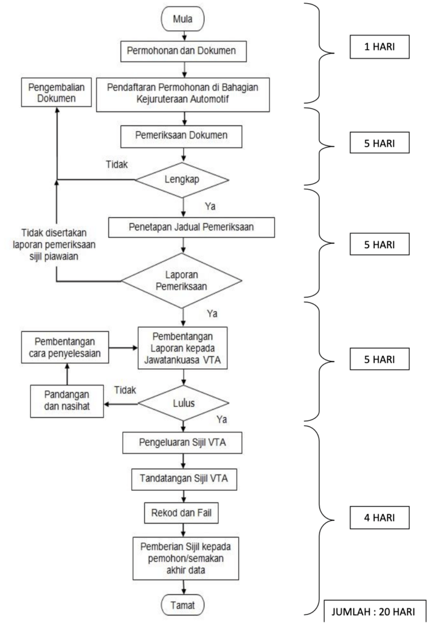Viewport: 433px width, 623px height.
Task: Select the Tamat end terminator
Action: point(183,605)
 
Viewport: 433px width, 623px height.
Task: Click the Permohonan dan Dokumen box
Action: point(182,51)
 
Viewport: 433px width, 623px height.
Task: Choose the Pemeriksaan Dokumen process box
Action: point(182,135)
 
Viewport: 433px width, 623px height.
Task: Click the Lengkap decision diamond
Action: point(182,180)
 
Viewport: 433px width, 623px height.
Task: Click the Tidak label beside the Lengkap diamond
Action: point(117,164)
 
